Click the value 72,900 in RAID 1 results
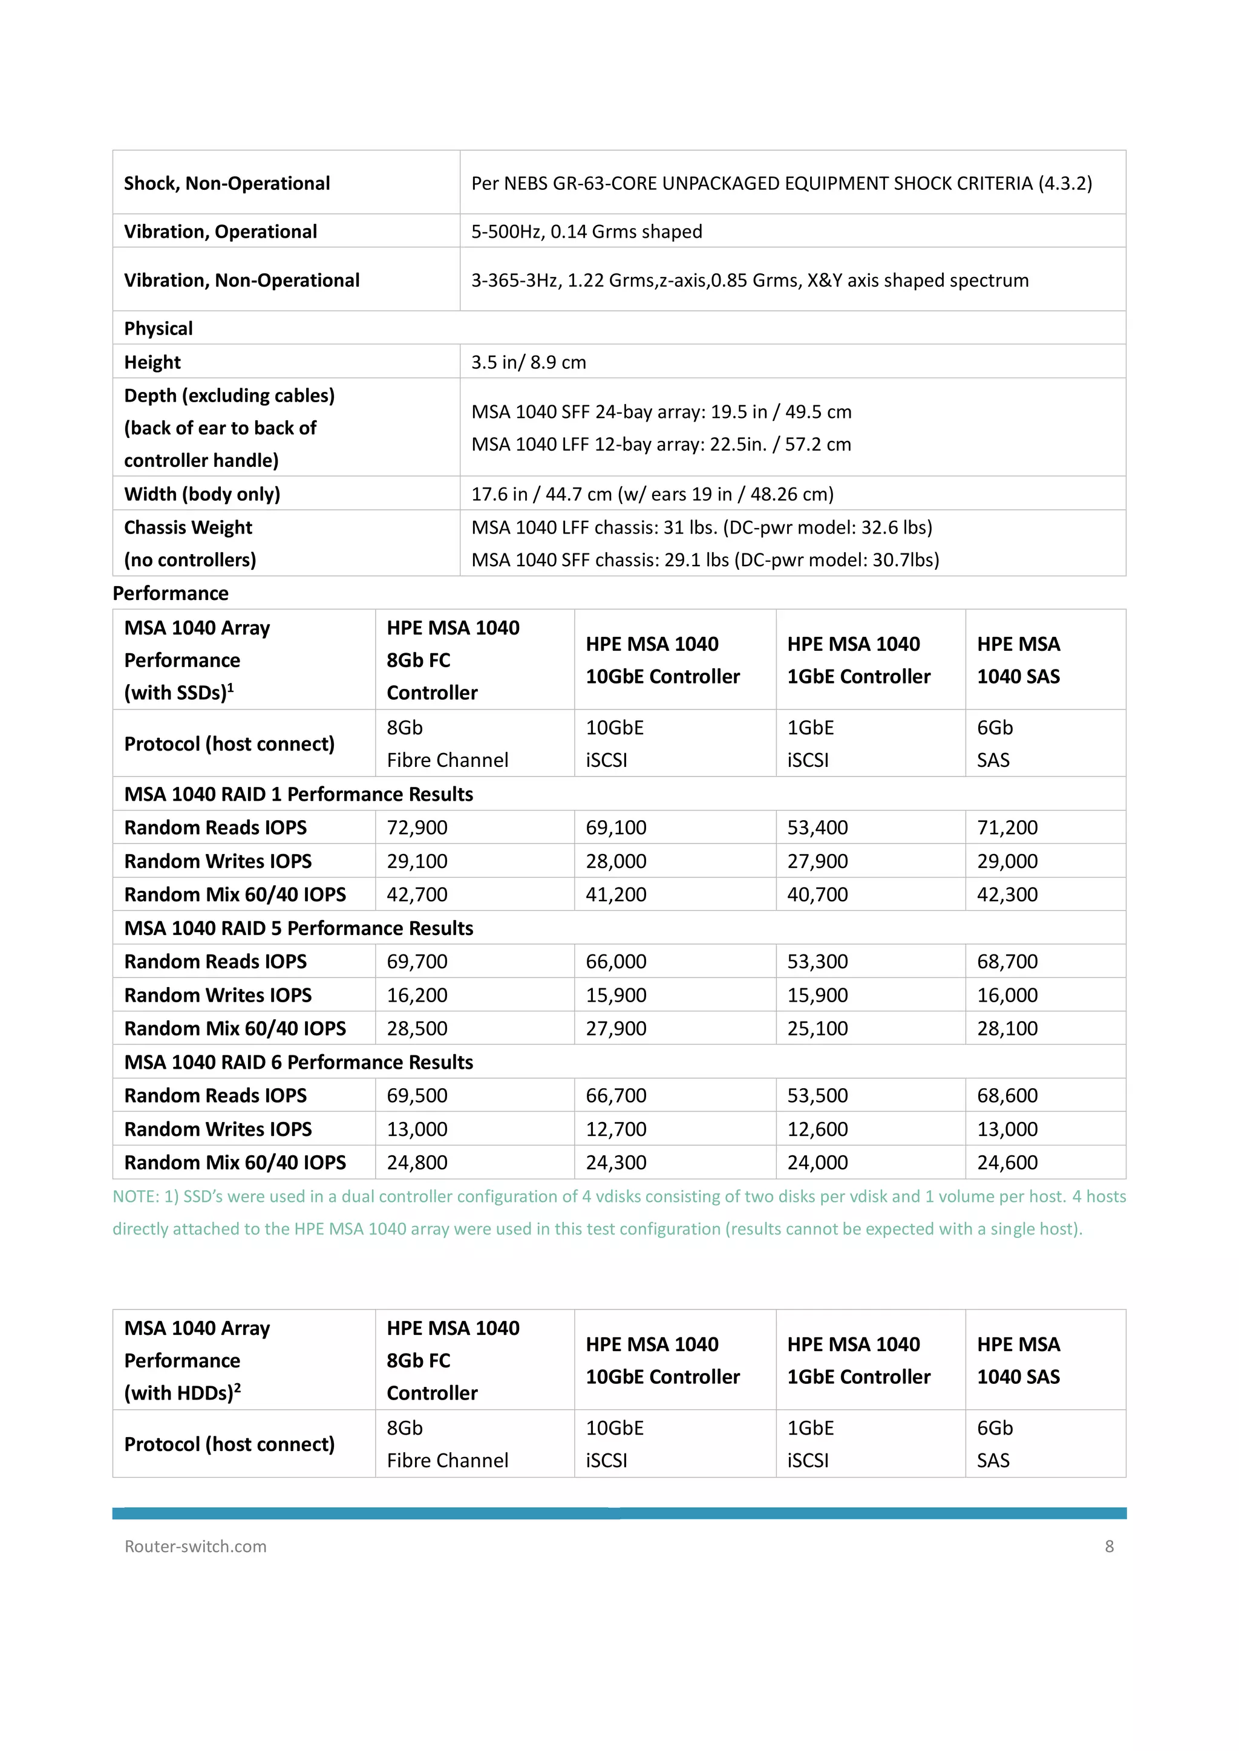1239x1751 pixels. coord(417,827)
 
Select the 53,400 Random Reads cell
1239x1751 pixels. coord(817,827)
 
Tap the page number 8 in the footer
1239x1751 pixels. coord(1108,1547)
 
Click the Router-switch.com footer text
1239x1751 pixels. coord(195,1547)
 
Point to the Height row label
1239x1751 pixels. coord(152,362)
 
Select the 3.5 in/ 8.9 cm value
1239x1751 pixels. coord(528,362)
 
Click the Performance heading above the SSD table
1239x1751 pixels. coord(170,593)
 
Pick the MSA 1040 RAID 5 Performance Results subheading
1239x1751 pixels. coord(298,928)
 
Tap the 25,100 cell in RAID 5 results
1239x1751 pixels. coord(817,1029)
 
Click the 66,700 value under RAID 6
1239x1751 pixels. coord(616,1096)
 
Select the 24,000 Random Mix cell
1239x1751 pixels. coord(817,1163)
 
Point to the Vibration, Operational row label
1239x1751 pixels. coord(220,232)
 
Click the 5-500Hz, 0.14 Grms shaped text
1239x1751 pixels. coord(586,232)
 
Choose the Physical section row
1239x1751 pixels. coord(159,328)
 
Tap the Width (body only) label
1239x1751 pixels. coord(202,494)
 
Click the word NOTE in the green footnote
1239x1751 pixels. coord(135,1196)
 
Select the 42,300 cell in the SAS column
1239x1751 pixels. coord(1007,895)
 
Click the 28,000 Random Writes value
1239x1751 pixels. coord(616,861)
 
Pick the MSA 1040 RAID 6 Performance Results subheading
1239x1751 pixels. coord(298,1062)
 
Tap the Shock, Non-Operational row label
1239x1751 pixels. coord(227,184)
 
